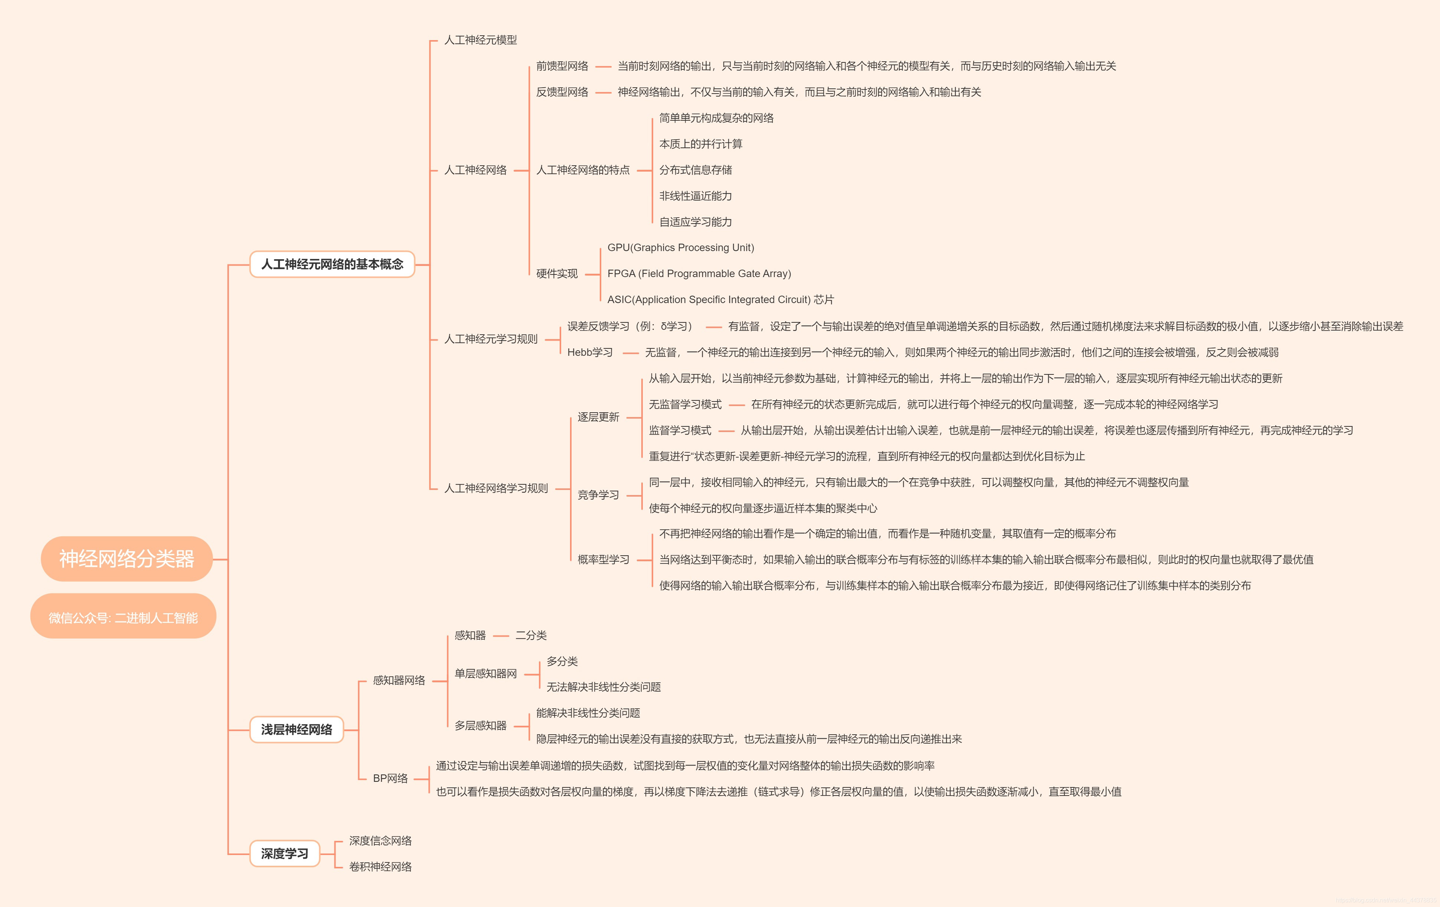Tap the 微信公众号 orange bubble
[x=123, y=617]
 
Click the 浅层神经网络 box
[x=296, y=729]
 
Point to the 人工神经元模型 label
[x=480, y=40]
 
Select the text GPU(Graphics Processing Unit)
[x=681, y=248]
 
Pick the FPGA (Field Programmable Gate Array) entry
[x=698, y=273]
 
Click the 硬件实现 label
[x=556, y=273]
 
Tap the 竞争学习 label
[x=598, y=495]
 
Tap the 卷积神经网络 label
[x=380, y=866]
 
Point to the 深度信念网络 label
[x=380, y=841]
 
